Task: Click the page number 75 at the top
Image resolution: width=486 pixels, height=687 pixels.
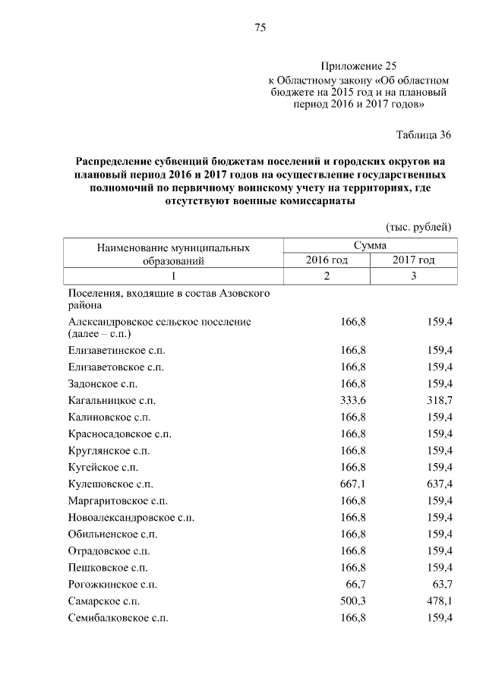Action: (259, 28)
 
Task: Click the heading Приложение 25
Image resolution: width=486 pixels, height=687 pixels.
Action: (358, 66)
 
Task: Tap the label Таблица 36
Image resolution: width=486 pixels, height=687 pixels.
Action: (424, 135)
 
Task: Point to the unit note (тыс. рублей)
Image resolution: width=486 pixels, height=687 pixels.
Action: (419, 226)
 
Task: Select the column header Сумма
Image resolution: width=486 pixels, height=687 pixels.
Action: (369, 245)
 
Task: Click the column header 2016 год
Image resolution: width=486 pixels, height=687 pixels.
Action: (327, 260)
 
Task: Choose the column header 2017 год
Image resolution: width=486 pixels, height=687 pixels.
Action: (414, 260)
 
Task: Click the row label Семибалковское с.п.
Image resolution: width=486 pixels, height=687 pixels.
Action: (118, 617)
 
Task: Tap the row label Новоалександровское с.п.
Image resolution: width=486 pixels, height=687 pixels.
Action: (131, 517)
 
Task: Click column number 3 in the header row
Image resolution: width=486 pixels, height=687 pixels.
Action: (414, 276)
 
